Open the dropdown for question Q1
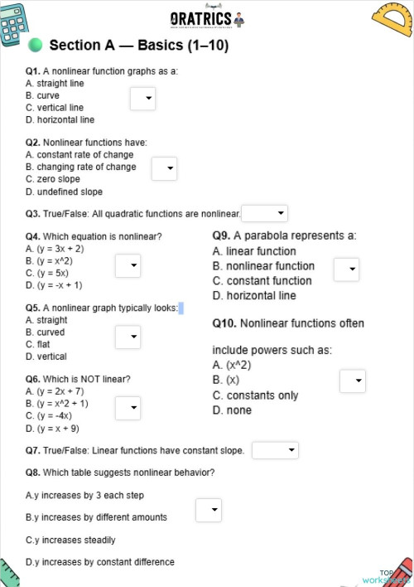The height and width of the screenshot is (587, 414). [142, 99]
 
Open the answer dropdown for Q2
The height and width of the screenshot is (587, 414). [164, 169]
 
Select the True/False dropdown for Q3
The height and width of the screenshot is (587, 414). [264, 214]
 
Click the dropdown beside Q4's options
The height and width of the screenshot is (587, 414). [128, 265]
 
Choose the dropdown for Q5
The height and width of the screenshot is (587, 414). [128, 337]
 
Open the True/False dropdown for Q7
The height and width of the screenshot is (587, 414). [275, 450]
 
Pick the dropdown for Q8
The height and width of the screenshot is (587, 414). [209, 510]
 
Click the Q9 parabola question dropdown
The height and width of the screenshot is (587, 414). [346, 269]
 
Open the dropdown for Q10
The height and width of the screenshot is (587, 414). [353, 381]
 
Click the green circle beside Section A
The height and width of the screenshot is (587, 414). [35, 44]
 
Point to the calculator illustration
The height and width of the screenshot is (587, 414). [15, 23]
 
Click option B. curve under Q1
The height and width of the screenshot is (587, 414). [42, 95]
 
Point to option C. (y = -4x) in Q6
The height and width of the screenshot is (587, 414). [49, 416]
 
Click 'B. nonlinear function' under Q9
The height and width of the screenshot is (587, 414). [263, 266]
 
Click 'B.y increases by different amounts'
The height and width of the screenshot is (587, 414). [96, 517]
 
